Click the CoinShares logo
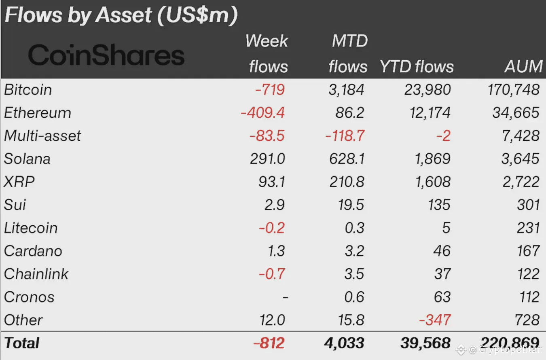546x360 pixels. pyautogui.click(x=106, y=55)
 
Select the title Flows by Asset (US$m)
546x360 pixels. pyautogui.click(x=121, y=15)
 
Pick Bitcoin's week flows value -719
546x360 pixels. pyautogui.click(x=270, y=89)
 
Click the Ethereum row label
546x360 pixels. pyautogui.click(x=38, y=112)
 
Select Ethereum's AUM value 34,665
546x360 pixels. pyautogui.click(x=516, y=112)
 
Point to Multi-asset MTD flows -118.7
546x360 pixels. pyautogui.click(x=345, y=136)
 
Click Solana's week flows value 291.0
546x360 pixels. pyautogui.click(x=267, y=159)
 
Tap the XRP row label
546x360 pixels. pyautogui.click(x=19, y=182)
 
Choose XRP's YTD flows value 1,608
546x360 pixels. pyautogui.click(x=427, y=182)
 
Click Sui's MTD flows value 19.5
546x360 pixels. pyautogui.click(x=351, y=205)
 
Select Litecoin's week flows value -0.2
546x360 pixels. pyautogui.click(x=272, y=228)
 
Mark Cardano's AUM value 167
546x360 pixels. pyautogui.click(x=528, y=251)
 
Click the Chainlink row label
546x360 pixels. pyautogui.click(x=36, y=274)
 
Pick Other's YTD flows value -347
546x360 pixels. pyautogui.click(x=435, y=320)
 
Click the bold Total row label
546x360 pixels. pyautogui.click(x=22, y=343)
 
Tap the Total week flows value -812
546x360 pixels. pyautogui.click(x=269, y=343)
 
